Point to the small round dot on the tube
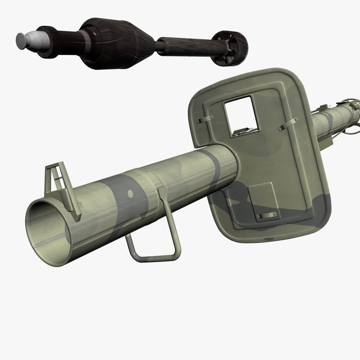[130, 193]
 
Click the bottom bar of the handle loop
[157, 256]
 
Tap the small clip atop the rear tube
[322, 108]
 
